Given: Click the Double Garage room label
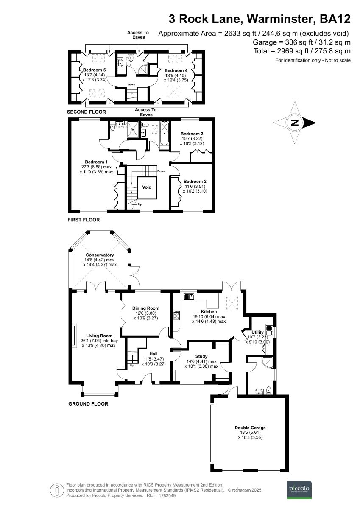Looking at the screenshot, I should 250,428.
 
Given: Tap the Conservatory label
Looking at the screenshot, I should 100,255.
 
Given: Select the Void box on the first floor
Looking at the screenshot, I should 147,187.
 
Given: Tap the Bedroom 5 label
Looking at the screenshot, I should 94,70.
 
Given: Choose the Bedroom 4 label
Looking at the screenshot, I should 176,70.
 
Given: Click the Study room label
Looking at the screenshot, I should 201,356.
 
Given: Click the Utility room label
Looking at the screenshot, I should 258,333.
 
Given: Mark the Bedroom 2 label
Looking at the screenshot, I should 195,181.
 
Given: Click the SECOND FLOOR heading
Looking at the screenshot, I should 87,112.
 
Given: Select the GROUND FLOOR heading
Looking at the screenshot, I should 88,404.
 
